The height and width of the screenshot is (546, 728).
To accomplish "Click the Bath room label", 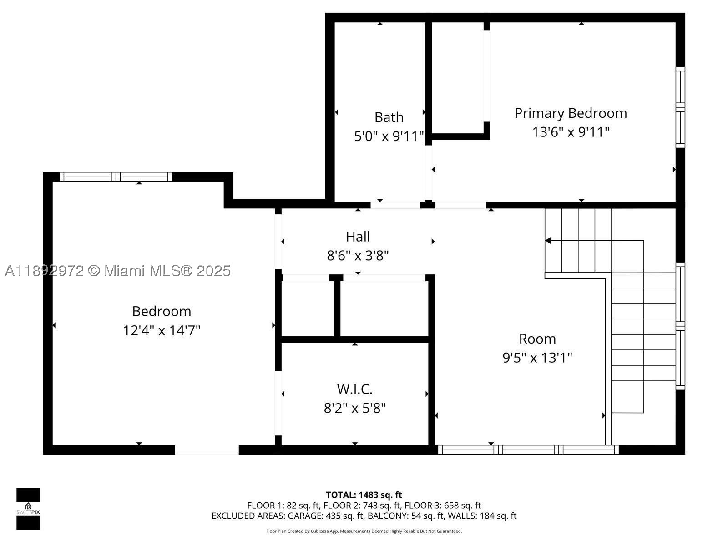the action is (389, 117).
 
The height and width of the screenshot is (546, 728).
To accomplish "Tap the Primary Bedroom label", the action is (571, 113).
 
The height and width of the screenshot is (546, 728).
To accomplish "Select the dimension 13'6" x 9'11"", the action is (571, 132).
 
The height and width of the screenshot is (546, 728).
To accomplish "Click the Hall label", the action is (358, 237).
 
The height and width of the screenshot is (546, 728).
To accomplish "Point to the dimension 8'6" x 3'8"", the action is (358, 256).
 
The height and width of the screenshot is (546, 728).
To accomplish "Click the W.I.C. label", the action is (354, 389).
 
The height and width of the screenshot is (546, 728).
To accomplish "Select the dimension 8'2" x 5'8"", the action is (354, 408).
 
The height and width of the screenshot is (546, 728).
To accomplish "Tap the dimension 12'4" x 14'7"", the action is (162, 330).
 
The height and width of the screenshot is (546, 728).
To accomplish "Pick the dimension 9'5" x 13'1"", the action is (537, 358).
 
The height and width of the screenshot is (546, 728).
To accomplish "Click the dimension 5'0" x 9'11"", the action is (389, 136).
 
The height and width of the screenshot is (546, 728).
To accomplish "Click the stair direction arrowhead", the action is (548, 240).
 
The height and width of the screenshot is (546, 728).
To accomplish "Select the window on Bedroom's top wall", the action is (116, 177).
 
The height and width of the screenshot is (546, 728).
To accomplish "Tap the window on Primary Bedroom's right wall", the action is (680, 107).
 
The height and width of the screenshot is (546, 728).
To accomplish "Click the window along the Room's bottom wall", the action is (528, 450).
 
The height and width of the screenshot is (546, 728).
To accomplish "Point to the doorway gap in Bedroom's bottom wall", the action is (207, 450).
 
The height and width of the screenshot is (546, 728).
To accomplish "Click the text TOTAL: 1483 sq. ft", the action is (364, 495).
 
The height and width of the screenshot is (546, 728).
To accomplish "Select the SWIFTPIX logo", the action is (28, 509).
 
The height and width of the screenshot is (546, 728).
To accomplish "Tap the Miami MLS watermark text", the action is (118, 271).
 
